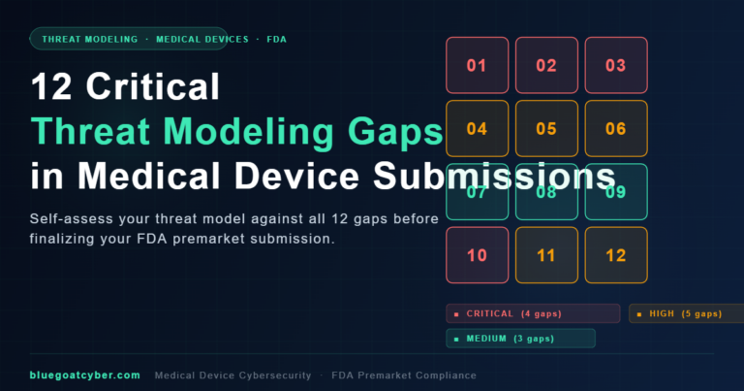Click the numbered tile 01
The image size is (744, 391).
[477, 66]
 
